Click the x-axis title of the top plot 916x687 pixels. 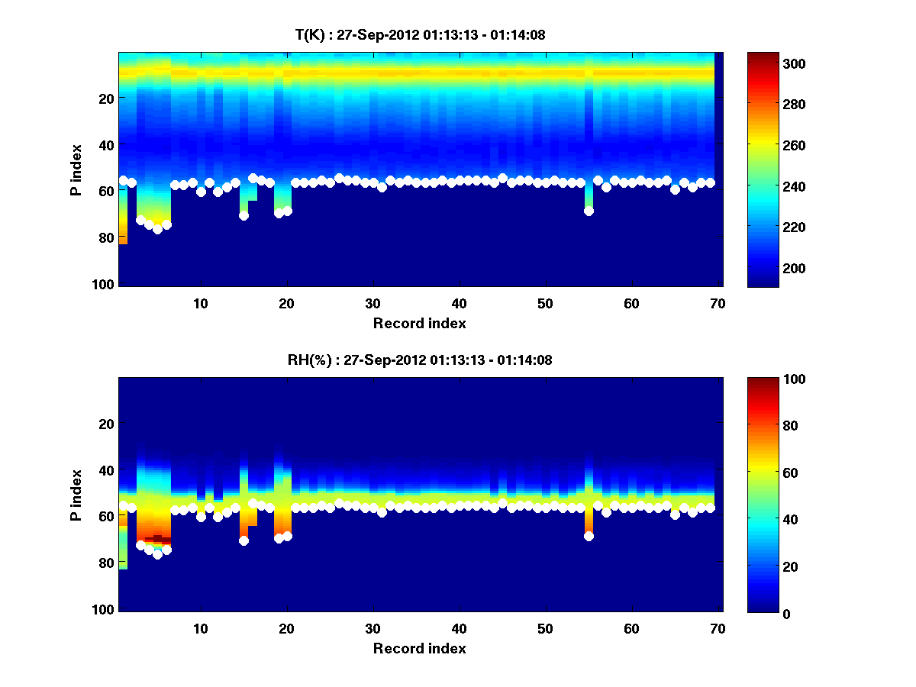[419, 323]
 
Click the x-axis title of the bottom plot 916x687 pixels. [419, 648]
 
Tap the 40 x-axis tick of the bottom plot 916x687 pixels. [459, 628]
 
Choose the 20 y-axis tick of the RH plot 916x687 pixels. [106, 424]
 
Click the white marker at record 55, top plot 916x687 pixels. [589, 211]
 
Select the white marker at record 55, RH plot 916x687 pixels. [589, 536]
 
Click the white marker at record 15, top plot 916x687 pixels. [244, 215]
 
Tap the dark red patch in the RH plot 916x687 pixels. [158, 538]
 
